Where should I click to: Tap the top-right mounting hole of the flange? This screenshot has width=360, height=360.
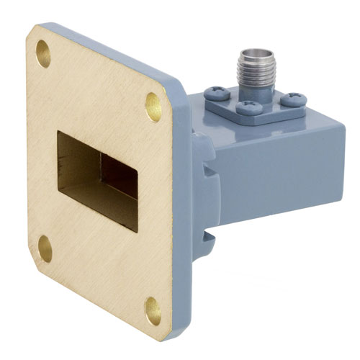point(153,106)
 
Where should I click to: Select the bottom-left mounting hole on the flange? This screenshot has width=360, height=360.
point(45,248)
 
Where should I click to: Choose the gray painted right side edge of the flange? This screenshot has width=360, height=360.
point(180,216)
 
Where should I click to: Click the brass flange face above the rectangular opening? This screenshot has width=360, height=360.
point(101,101)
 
